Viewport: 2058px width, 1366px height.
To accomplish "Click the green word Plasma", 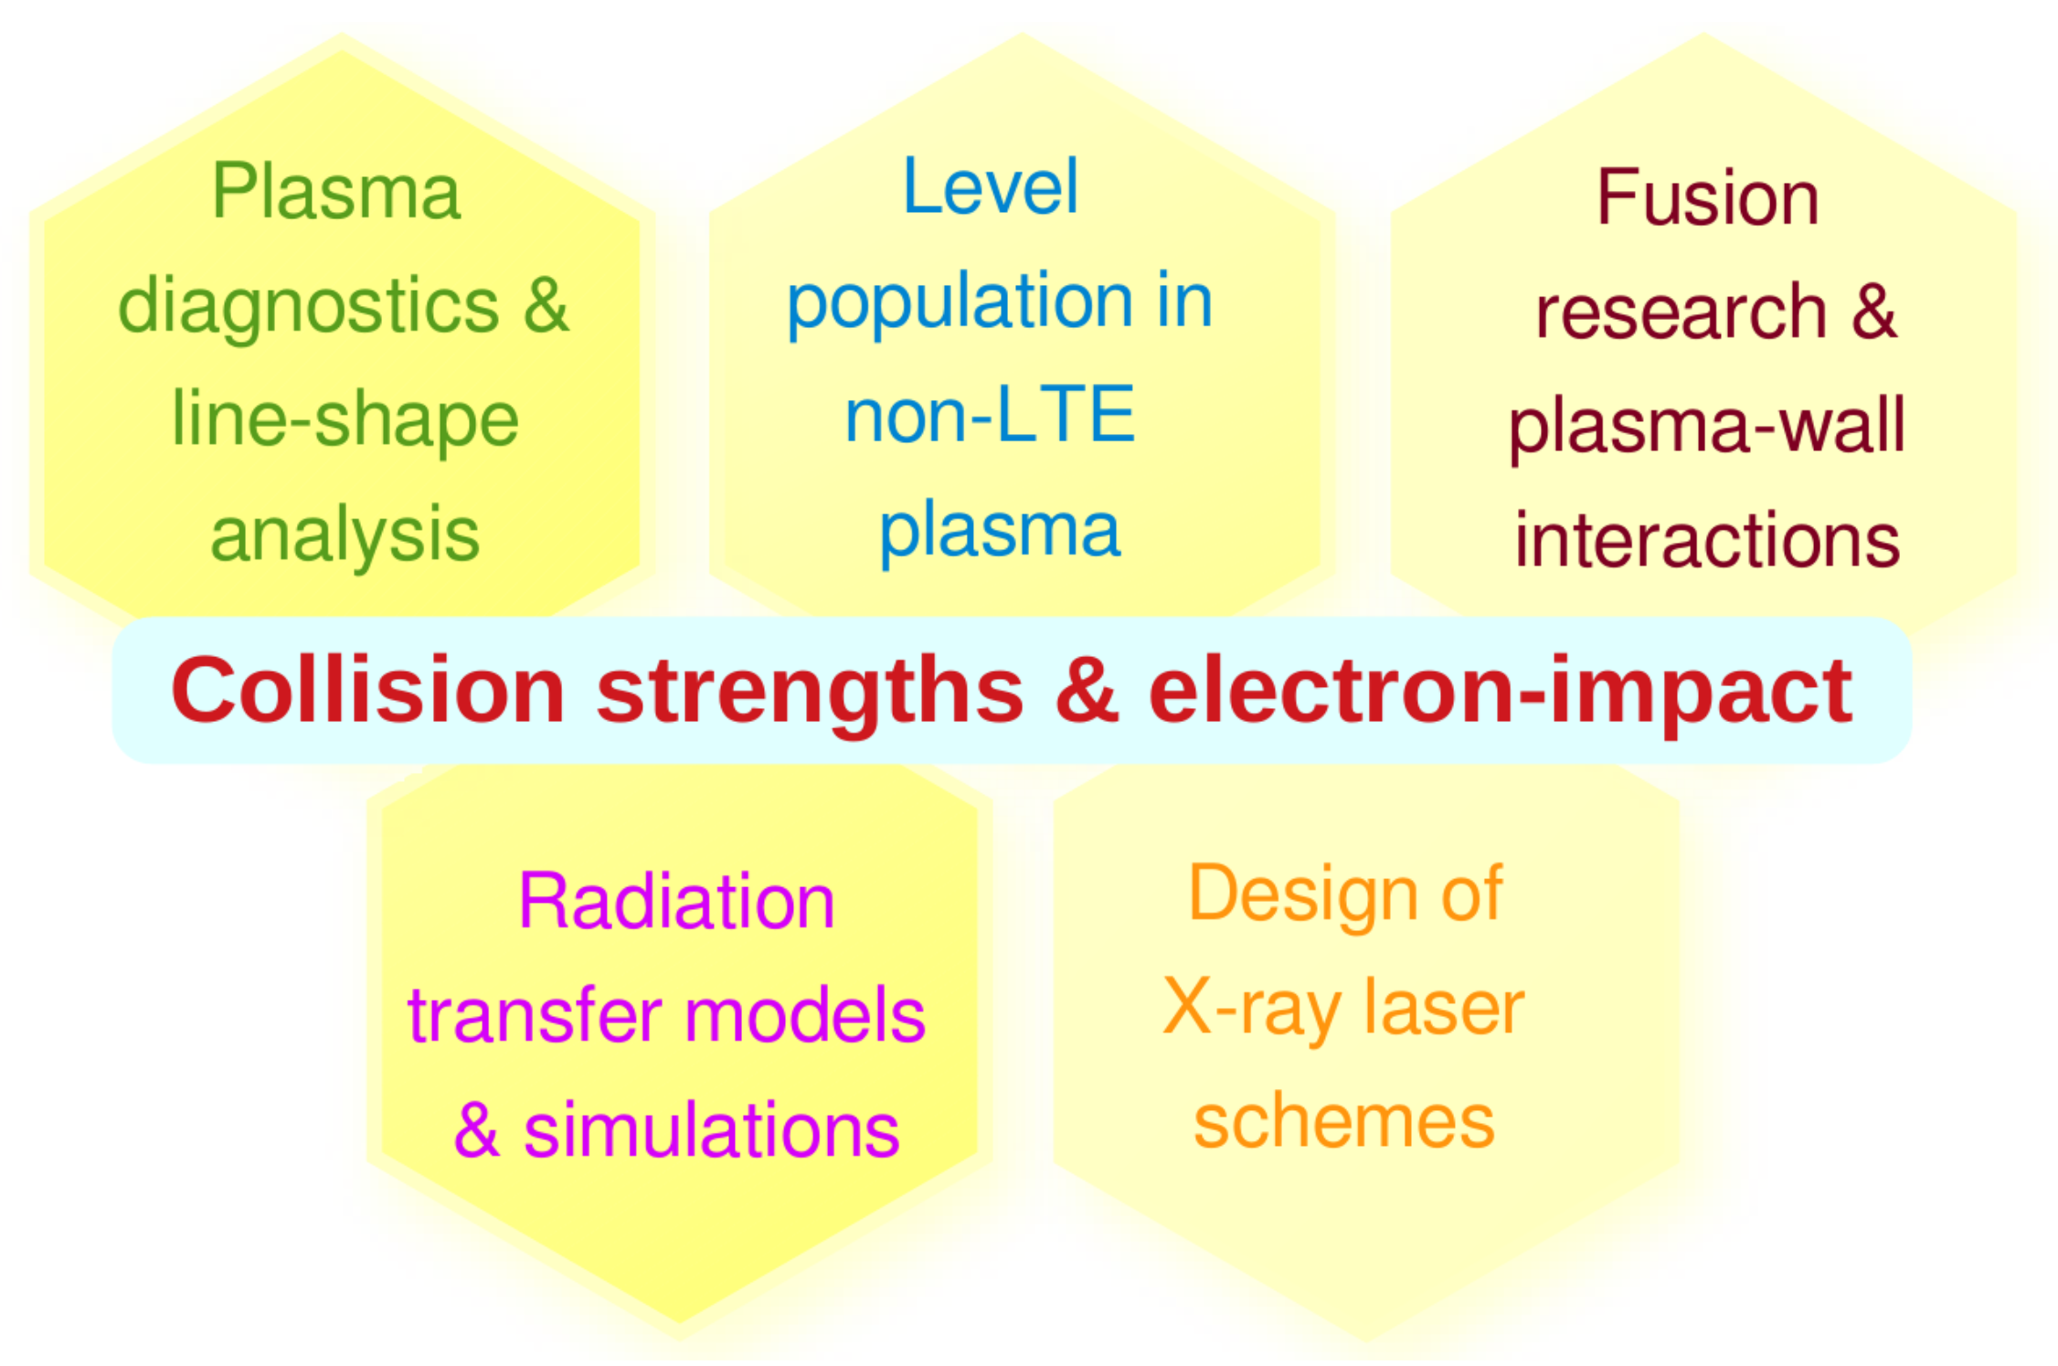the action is point(336,191).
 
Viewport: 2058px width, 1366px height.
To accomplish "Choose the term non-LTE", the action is point(990,414).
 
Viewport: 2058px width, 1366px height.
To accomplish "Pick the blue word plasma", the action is point(999,534).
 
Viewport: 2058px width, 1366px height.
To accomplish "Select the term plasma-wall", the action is point(1706,427).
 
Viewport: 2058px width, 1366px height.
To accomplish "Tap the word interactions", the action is point(1707,540).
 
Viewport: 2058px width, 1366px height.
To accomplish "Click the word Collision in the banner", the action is point(368,690).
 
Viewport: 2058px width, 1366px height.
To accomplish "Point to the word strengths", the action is point(810,694).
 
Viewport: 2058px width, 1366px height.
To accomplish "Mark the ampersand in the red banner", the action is point(1087,690).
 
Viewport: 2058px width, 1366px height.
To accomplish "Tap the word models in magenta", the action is point(805,1015).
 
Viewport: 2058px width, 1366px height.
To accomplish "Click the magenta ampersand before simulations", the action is point(477,1129).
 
